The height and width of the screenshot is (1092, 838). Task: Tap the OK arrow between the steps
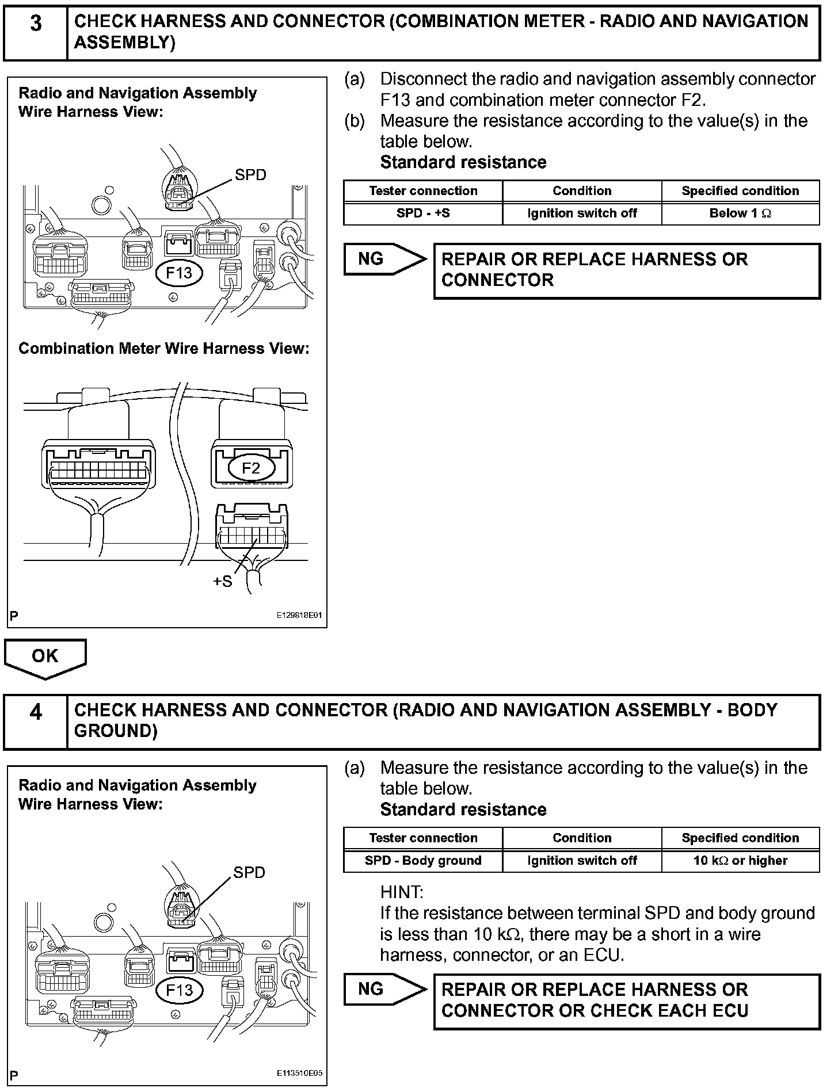tap(45, 657)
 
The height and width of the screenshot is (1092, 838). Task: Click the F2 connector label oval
tap(251, 468)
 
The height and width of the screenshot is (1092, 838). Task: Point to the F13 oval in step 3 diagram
tap(179, 273)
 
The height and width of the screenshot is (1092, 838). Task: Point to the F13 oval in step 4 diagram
tap(179, 990)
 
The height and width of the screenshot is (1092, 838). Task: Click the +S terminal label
tap(223, 582)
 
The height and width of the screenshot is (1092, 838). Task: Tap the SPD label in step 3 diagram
tap(250, 175)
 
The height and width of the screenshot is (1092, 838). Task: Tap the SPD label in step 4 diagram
tap(249, 873)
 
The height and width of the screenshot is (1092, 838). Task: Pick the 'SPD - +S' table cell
tap(423, 213)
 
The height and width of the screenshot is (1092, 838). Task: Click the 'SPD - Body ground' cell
tap(423, 861)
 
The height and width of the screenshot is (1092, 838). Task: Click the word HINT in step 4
tap(401, 892)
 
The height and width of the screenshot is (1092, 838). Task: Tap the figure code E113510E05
tap(299, 1074)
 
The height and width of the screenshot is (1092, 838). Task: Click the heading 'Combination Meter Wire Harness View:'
tap(164, 349)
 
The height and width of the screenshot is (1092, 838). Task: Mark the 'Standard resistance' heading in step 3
tap(463, 163)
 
